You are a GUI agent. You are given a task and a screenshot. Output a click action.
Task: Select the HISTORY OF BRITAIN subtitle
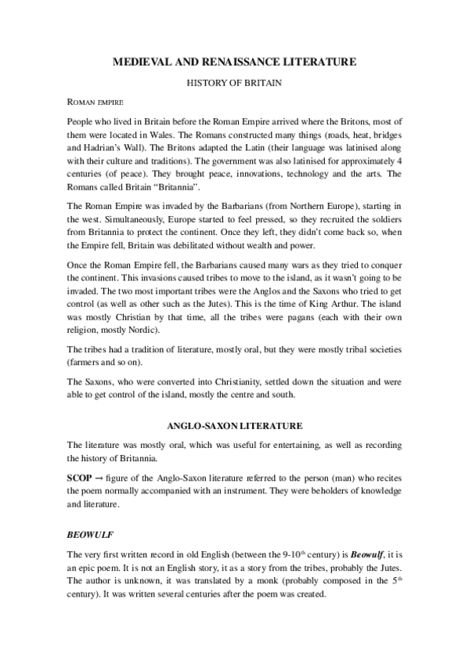(234, 81)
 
